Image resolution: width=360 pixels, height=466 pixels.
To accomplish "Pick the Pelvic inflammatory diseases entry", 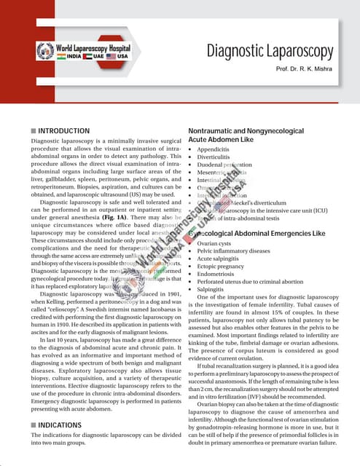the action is click(233, 251).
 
